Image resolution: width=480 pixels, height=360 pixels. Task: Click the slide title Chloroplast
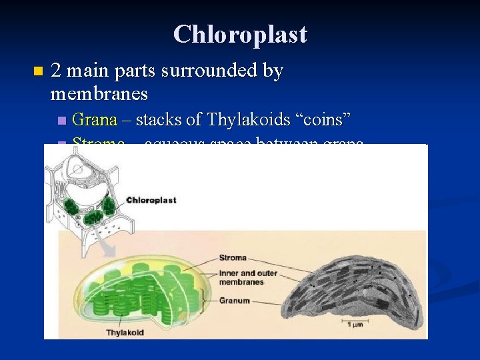(240, 35)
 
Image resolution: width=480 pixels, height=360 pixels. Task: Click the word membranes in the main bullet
(99, 94)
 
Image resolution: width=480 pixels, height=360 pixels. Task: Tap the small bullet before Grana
(62, 121)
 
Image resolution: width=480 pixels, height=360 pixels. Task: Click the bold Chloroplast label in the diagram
(151, 200)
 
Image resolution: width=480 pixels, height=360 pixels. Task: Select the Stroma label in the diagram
(232, 257)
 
